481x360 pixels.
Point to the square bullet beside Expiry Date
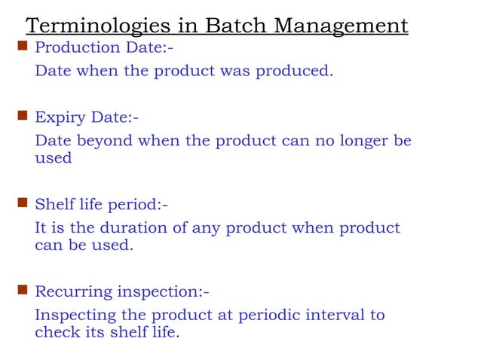(22, 117)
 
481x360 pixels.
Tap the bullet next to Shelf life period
(22, 203)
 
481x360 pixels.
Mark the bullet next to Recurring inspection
(22, 290)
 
